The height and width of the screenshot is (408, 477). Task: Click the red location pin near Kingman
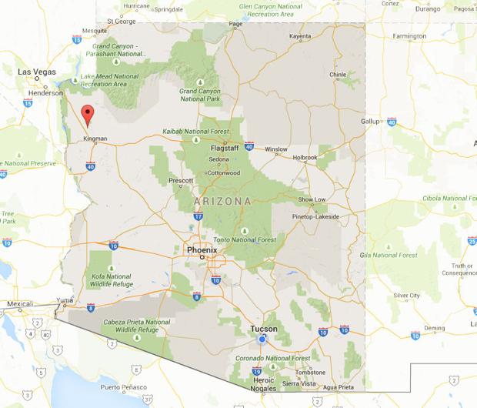click(88, 115)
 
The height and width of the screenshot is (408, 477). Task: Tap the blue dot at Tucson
click(262, 339)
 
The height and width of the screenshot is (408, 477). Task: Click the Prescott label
click(181, 181)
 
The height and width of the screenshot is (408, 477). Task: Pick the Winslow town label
click(276, 149)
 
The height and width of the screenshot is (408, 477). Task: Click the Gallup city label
click(371, 121)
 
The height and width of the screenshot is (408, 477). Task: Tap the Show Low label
click(312, 199)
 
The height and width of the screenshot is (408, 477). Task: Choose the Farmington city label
click(409, 36)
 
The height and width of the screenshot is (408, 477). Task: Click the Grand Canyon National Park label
click(200, 95)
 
